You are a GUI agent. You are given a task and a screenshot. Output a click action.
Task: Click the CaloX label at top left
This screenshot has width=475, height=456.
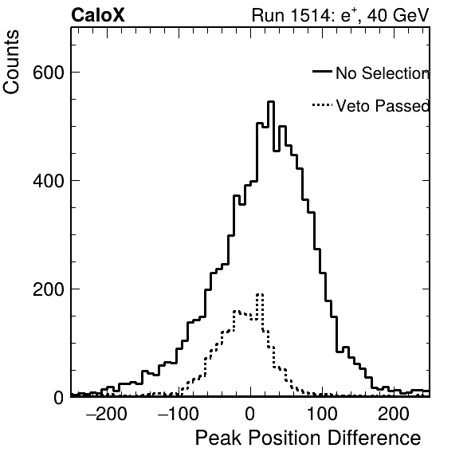98,15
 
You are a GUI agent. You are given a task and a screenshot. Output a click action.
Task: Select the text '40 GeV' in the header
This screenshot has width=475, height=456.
398,15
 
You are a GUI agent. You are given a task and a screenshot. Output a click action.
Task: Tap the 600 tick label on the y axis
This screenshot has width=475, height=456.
49,73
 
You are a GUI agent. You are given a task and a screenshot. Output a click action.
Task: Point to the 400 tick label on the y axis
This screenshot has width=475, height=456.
49,181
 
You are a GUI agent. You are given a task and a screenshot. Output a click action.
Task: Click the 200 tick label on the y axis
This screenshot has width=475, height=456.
49,289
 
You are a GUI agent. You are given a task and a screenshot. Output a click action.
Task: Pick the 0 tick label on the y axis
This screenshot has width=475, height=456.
59,398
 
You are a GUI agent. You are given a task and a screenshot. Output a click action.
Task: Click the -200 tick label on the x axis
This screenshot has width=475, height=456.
107,414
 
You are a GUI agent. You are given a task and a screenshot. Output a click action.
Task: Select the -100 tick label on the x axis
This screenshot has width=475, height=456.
179,414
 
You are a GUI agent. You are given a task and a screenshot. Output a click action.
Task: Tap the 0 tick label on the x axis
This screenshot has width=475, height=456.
250,414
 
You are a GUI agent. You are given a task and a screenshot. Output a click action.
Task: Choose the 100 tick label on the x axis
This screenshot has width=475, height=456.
322,414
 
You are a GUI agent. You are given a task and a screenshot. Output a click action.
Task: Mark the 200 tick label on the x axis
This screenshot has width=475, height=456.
394,414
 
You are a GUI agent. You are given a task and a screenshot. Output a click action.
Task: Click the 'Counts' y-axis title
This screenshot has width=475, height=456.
11,62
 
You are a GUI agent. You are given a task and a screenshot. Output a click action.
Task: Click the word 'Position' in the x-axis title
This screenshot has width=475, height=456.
285,438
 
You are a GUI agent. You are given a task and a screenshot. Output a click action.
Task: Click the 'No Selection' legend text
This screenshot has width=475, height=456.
383,73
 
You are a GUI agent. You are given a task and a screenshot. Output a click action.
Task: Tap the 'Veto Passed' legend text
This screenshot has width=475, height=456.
383,106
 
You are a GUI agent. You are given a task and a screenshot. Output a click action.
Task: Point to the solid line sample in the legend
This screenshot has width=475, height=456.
322,71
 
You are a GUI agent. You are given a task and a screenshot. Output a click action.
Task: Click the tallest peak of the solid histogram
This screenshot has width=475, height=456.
271,102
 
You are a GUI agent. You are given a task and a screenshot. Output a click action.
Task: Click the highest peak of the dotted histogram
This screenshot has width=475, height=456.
260,294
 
